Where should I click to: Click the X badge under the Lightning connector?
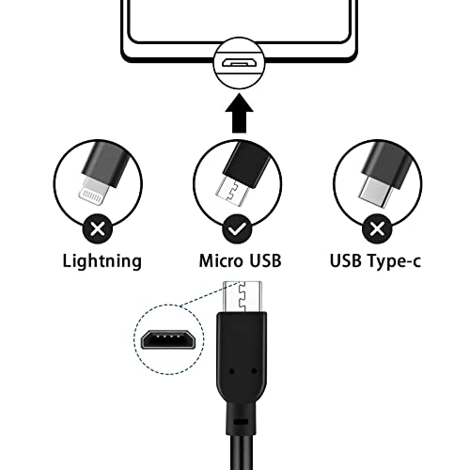point(94,227)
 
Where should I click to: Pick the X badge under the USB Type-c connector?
point(376,227)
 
